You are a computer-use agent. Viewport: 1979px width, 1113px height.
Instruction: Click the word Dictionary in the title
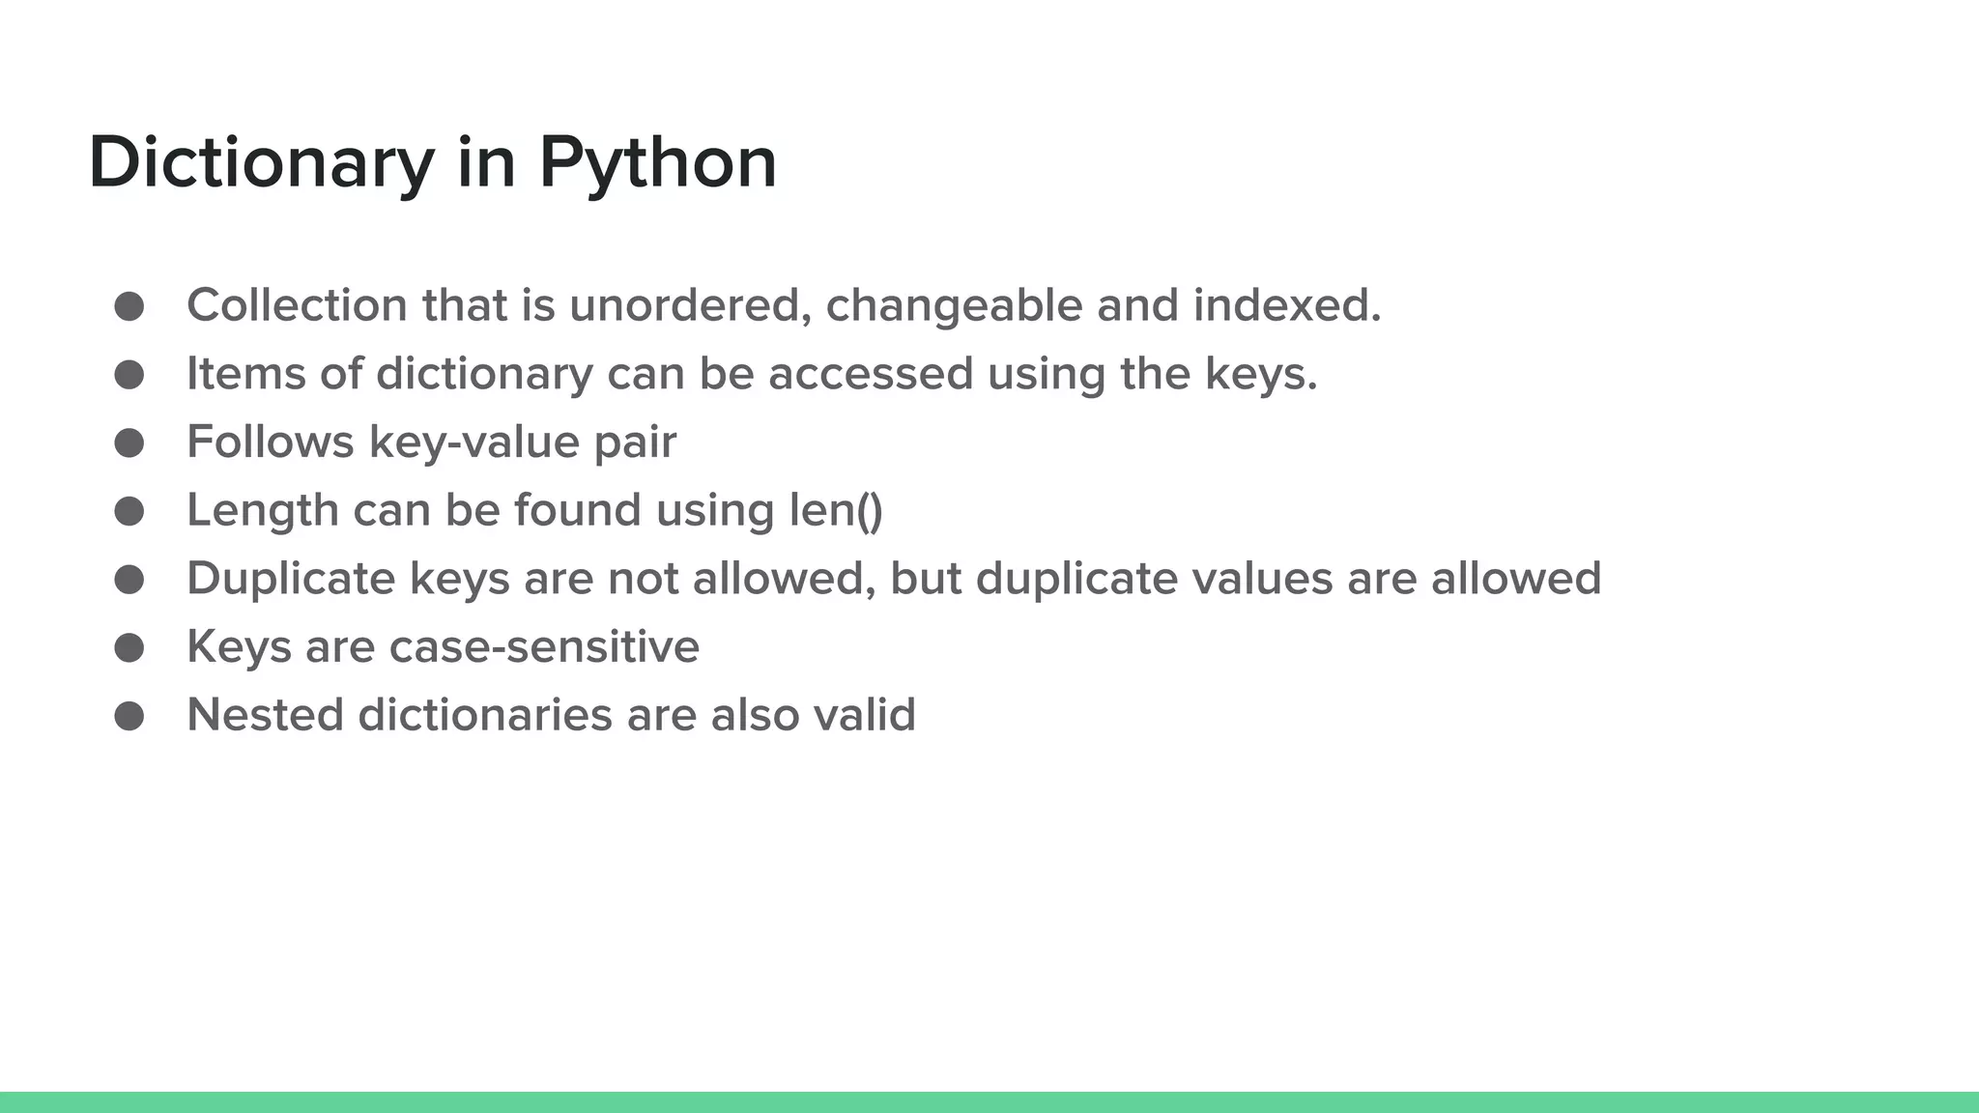[x=261, y=162]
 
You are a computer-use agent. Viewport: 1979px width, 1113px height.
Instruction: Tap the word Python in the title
[x=657, y=162]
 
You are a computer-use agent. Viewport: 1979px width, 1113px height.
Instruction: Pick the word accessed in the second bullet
[x=871, y=374]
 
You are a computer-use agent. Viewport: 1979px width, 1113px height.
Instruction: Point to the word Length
[x=263, y=510]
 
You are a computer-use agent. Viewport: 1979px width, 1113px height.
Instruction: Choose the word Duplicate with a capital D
[x=291, y=579]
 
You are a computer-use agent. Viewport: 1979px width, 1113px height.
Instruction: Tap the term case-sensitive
[x=544, y=647]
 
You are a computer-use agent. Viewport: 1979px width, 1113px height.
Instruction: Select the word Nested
[x=265, y=716]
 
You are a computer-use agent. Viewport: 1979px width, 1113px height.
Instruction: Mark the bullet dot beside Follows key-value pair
[x=129, y=443]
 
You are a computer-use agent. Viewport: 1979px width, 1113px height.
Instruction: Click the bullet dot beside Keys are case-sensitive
[x=129, y=647]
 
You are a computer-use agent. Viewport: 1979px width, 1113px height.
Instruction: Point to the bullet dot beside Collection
[x=129, y=306]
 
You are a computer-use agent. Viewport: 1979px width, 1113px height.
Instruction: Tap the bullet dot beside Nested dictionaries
[x=129, y=716]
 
